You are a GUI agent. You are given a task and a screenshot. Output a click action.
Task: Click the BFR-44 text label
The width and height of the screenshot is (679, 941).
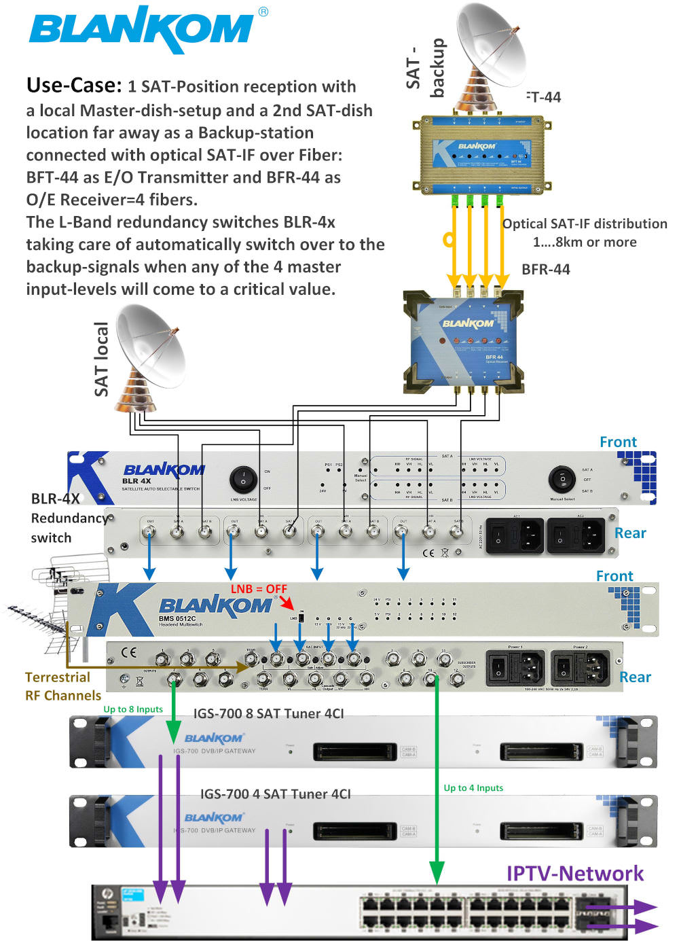tap(545, 269)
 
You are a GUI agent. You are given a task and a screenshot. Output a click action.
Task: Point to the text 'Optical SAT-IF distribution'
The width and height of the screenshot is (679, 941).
tap(584, 224)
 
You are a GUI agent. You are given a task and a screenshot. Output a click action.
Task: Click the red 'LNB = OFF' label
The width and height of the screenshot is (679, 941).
tap(259, 588)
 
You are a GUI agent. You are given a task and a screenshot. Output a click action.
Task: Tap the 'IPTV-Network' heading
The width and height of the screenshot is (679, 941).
tap(574, 873)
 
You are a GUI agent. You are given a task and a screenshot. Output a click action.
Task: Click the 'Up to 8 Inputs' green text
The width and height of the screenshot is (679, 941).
tap(133, 709)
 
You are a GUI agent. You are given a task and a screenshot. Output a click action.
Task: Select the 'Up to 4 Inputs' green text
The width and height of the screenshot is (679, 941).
tap(473, 787)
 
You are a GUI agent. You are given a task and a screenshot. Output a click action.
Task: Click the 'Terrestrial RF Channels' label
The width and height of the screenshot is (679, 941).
tap(62, 686)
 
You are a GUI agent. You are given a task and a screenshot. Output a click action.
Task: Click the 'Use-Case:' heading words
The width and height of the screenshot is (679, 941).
tap(73, 86)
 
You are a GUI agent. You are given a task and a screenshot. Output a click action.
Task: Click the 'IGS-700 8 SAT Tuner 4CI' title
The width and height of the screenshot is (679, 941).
tap(268, 713)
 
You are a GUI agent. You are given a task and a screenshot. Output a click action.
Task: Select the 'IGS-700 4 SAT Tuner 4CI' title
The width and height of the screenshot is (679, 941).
tap(275, 794)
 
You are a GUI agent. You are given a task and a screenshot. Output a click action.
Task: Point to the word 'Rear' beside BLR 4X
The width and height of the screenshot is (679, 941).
tap(629, 533)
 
